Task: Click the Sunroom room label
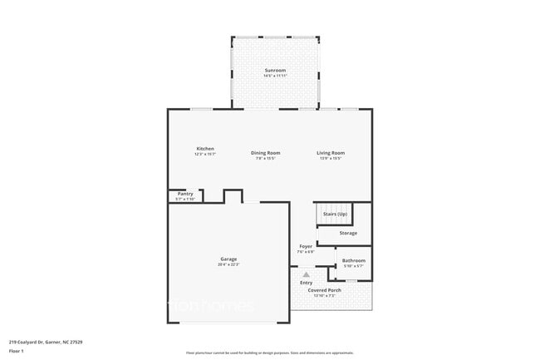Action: (276, 70)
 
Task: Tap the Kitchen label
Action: (205, 149)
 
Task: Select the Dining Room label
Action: (267, 152)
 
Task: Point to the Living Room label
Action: (331, 152)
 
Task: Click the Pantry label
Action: (184, 194)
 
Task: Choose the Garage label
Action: (228, 259)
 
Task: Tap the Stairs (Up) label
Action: (335, 215)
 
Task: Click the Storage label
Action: (348, 233)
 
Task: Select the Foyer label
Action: (306, 246)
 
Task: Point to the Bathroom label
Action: (354, 260)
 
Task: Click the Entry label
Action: (307, 283)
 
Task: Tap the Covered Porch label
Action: (324, 290)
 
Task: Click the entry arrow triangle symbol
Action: (306, 273)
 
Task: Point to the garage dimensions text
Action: (228, 265)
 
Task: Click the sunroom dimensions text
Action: (276, 76)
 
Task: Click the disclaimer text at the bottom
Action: (270, 353)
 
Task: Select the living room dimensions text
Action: (331, 158)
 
